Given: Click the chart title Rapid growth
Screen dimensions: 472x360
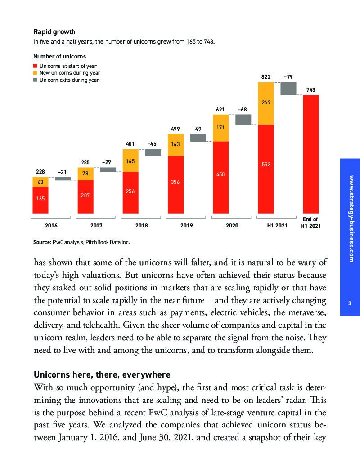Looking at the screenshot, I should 54,32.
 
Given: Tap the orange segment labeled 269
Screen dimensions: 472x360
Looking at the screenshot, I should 265,103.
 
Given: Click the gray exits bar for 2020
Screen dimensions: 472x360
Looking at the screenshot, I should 243,119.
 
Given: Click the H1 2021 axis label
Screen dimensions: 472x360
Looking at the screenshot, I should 274,225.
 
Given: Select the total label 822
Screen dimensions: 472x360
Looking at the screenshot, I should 265,77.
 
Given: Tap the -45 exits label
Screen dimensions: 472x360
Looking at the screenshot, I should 153,144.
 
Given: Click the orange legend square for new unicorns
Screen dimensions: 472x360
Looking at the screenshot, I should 36,73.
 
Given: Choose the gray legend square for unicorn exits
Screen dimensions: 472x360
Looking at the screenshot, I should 36,80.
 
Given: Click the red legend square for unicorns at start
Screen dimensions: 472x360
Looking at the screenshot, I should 36,66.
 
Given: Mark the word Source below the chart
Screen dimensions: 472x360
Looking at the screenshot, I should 42,242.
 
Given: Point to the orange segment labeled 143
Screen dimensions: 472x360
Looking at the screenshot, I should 175,145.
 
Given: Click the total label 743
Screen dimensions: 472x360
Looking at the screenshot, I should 310,90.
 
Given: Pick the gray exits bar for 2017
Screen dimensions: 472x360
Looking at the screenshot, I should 108,169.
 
